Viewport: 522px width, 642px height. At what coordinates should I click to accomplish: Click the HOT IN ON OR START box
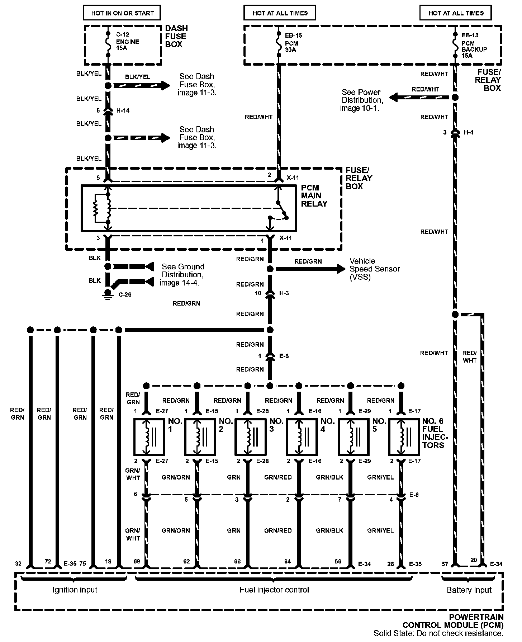click(122, 13)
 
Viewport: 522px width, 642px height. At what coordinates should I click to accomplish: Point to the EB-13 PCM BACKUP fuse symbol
click(455, 45)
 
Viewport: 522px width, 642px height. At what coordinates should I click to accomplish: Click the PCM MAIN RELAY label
click(314, 196)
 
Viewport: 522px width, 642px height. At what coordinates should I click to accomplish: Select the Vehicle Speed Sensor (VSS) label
click(374, 269)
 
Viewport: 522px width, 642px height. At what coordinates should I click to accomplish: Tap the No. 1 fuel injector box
click(149, 436)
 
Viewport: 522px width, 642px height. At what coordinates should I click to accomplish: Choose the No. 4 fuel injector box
click(302, 436)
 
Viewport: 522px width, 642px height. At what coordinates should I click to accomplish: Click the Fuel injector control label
click(274, 590)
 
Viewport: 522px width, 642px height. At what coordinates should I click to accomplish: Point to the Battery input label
click(469, 590)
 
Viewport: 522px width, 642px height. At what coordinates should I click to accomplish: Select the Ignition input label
click(75, 590)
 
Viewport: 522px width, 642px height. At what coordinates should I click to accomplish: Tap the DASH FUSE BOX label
click(176, 36)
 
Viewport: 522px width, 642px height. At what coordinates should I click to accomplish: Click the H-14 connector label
click(123, 110)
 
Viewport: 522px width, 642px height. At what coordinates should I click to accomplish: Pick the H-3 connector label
click(284, 293)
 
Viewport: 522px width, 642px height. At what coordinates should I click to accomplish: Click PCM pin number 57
click(445, 564)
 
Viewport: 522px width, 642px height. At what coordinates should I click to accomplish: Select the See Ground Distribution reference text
click(182, 275)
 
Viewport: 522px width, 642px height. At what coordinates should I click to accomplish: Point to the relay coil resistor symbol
click(96, 208)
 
